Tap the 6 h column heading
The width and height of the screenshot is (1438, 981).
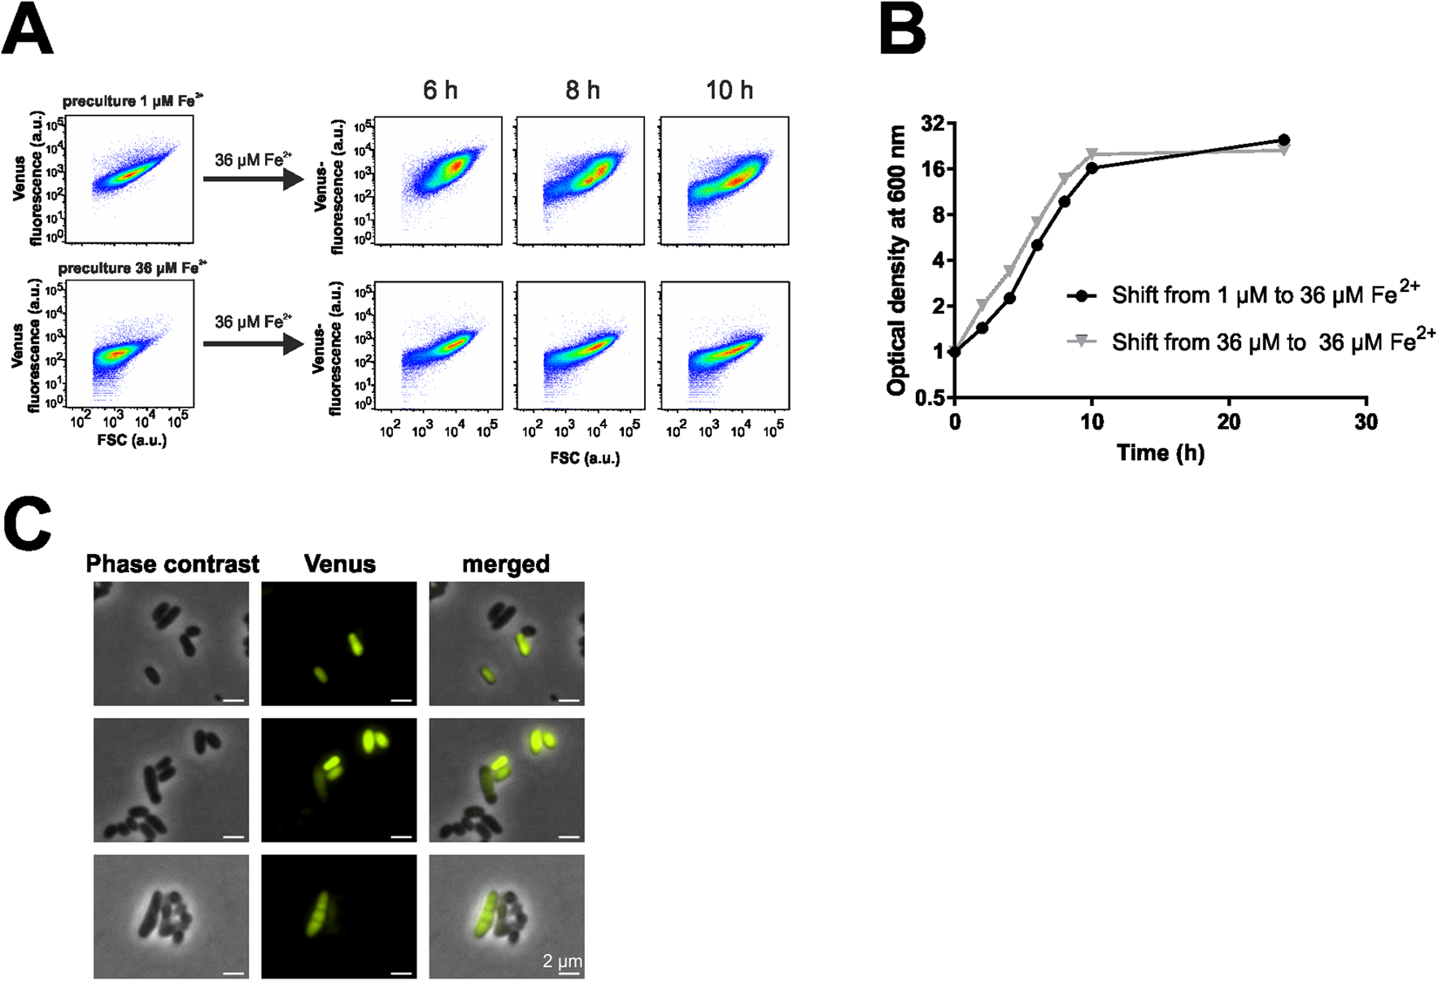[440, 90]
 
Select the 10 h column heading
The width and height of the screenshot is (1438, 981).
[729, 90]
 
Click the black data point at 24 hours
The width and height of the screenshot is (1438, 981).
[1284, 140]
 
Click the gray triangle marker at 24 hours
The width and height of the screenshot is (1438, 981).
[1284, 151]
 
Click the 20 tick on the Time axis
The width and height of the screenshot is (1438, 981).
[1229, 423]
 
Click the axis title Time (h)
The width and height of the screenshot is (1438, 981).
[1160, 453]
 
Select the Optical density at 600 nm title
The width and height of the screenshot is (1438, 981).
[897, 260]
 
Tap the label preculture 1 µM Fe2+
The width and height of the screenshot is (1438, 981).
[133, 101]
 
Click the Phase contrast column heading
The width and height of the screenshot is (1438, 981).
[173, 565]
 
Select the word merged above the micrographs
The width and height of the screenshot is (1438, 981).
[505, 565]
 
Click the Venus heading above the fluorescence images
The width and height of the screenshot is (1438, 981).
[340, 565]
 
